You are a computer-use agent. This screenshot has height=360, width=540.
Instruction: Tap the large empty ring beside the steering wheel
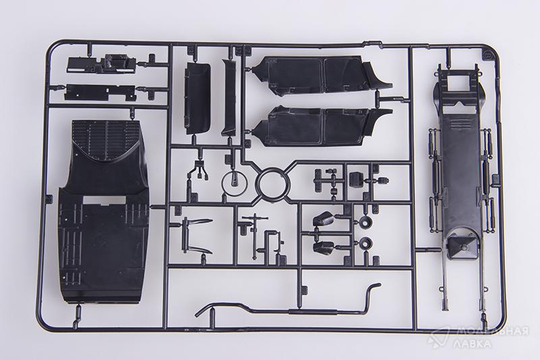[x=272, y=184]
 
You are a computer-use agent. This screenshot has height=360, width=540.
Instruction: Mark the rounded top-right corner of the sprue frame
[x=488, y=51]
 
